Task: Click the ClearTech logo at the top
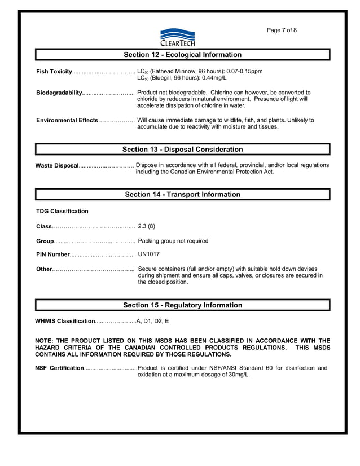tap(177, 37)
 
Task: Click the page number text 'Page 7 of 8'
tap(282, 30)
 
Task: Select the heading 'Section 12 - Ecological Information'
tap(182, 55)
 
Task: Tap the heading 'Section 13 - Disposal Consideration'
tap(182, 150)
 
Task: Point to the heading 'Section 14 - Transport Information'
tap(182, 194)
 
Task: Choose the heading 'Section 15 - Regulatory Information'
tap(182, 305)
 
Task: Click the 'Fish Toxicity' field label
tap(54, 72)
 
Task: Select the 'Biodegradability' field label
tap(59, 93)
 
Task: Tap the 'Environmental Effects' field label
tap(67, 120)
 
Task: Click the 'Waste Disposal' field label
tap(57, 165)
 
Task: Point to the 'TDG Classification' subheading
tap(62, 212)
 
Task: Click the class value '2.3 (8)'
tap(147, 226)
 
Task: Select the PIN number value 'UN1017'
tap(149, 254)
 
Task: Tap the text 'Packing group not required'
tap(173, 241)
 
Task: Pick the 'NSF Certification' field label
tap(59, 368)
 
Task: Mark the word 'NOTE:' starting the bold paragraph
tap(45, 341)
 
